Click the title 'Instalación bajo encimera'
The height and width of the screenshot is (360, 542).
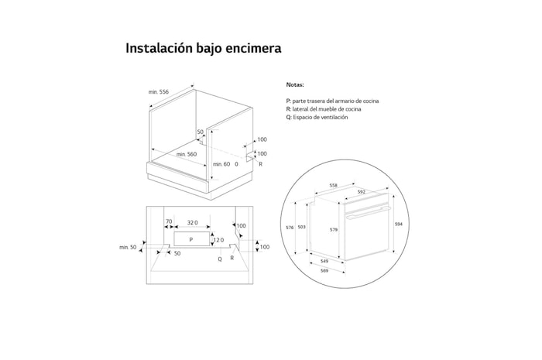coord(203,48)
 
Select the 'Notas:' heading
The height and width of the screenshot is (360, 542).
coord(295,84)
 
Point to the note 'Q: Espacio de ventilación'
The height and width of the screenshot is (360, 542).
coord(317,117)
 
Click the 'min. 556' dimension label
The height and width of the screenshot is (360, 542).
coord(159,92)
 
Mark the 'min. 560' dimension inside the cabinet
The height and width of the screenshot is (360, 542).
coord(187,155)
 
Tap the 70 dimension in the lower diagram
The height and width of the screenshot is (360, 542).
coord(169,222)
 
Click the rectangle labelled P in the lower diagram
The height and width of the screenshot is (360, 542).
coord(190,240)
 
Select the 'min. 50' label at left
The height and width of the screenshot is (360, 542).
coord(128,247)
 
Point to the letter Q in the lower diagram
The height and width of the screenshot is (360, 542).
coord(219,258)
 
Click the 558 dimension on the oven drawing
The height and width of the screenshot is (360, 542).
coord(334,186)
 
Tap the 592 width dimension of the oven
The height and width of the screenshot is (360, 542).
coord(361,192)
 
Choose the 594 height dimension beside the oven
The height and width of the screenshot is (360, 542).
coord(399,225)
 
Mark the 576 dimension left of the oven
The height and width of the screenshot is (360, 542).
coord(290,228)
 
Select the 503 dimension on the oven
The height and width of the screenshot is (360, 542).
coord(302,228)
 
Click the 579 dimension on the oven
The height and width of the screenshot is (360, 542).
coord(334,230)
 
